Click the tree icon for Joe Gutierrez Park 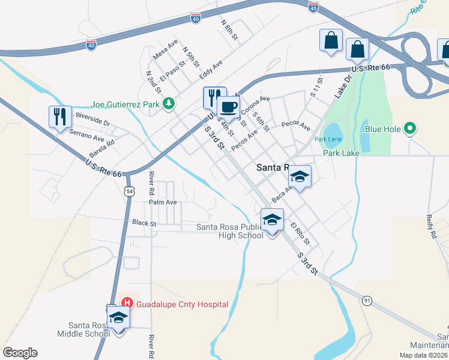(170, 104)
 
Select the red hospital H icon (127, 304)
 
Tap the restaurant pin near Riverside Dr (60, 116)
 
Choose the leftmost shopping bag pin (331, 41)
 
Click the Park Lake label (341, 153)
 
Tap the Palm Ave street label (163, 202)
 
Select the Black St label (144, 223)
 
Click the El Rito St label (300, 233)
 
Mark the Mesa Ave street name (165, 50)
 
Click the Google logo (20, 353)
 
